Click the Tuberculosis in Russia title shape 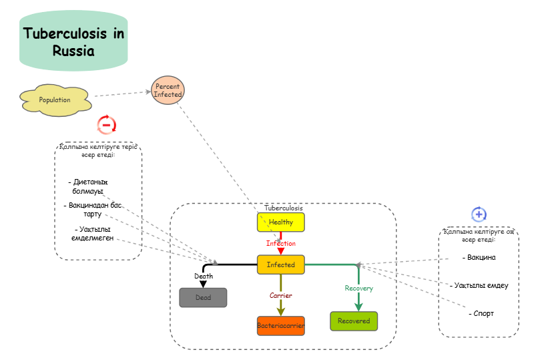tap(73, 41)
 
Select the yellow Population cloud tap(55, 100)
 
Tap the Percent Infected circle tap(168, 90)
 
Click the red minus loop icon tap(107, 124)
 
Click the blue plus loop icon tap(479, 214)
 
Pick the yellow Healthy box tap(281, 222)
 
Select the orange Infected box tap(281, 264)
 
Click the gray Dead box tap(203, 297)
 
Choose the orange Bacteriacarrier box tap(281, 326)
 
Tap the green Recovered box tap(354, 321)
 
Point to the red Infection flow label tap(281, 243)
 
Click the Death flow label tap(204, 276)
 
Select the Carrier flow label tap(281, 295)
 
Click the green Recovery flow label tap(358, 288)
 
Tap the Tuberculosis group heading tap(283, 208)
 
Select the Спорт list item tap(481, 313)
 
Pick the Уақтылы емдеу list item tap(479, 285)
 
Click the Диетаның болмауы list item tap(89, 186)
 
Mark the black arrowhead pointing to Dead tap(203, 284)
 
